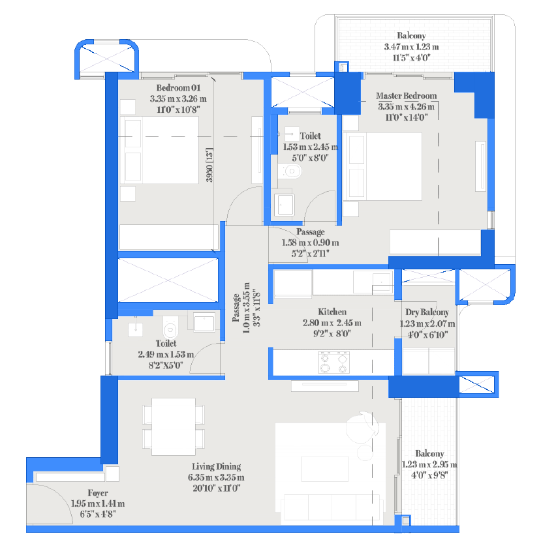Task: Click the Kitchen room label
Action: coord(332,312)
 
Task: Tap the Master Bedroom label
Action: coord(407,96)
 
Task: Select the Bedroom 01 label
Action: coord(178,87)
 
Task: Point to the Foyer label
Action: coord(98,493)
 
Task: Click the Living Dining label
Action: coord(216,466)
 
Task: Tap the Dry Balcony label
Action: coord(427,312)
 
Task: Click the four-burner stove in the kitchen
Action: coord(334,363)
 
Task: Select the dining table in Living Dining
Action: coord(174,426)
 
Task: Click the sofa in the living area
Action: coord(332,507)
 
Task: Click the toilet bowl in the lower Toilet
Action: coord(170,327)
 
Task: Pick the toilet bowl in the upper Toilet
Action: coord(290,171)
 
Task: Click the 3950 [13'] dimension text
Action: coord(209,165)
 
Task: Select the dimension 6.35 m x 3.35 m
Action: coord(216,477)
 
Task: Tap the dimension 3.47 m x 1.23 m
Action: coord(411,47)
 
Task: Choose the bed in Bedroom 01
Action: coord(159,150)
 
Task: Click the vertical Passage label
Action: coord(246,308)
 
